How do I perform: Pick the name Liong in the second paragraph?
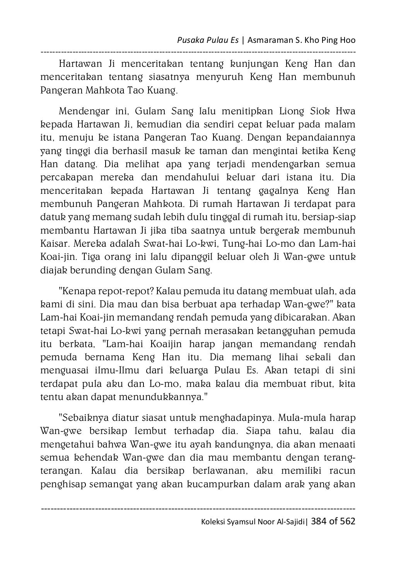(290, 112)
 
